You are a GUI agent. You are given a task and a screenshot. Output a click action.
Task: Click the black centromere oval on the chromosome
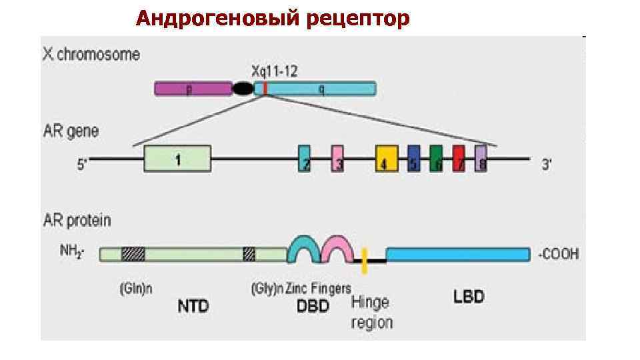(243, 89)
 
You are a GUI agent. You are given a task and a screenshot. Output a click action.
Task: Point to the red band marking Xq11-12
(265, 88)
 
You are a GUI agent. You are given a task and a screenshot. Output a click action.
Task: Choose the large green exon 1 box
(177, 159)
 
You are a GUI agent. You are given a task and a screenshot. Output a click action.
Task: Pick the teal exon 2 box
(304, 159)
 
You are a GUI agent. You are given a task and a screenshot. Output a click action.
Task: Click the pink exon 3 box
(337, 159)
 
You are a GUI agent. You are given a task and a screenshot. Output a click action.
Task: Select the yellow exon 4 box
(386, 159)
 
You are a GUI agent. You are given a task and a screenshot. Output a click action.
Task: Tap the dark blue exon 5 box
(414, 159)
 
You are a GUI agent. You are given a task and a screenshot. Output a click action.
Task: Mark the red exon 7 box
(459, 159)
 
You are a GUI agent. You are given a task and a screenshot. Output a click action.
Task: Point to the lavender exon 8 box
(481, 159)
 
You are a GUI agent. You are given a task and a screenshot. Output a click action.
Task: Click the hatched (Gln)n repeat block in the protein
(133, 254)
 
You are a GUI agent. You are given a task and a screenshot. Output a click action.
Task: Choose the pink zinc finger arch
(337, 245)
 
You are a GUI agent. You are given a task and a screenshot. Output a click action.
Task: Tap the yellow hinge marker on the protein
(365, 260)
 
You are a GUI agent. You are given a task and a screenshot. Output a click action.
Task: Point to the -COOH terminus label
(558, 254)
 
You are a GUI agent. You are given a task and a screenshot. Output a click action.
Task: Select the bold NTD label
(193, 306)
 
